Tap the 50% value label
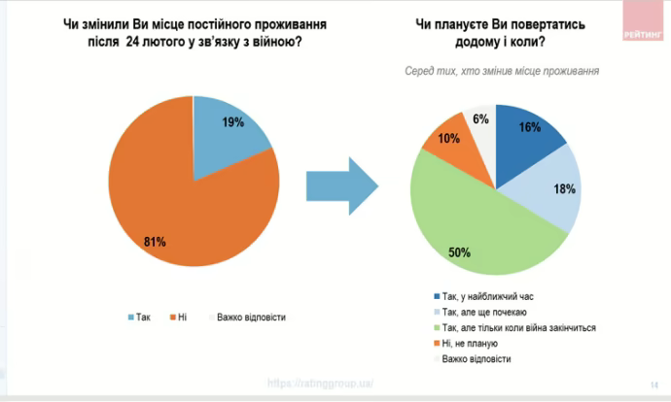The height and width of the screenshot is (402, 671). (x=460, y=252)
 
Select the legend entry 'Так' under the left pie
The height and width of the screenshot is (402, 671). (x=141, y=317)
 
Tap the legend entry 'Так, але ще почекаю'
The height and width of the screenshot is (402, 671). (x=485, y=312)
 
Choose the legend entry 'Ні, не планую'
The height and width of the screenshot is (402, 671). (x=472, y=344)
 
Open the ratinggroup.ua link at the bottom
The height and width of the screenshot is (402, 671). (x=321, y=384)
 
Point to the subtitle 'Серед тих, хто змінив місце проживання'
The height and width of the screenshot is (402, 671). (x=501, y=71)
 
